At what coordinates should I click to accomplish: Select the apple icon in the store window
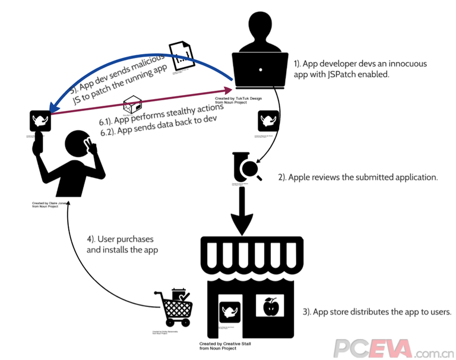pyautogui.click(x=271, y=308)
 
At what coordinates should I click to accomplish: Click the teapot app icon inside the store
pyautogui.click(x=230, y=311)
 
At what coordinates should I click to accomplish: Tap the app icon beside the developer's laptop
pyautogui.click(x=268, y=122)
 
